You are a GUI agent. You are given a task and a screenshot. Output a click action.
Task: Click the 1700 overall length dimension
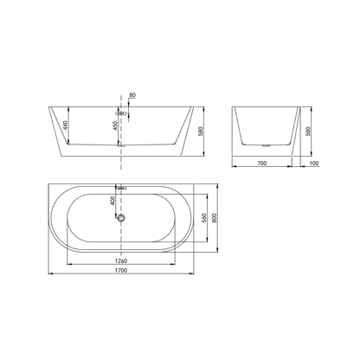(122, 270)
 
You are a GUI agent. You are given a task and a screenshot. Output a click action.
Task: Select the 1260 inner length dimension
(122, 261)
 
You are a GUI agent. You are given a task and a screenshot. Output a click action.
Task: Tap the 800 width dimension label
(214, 218)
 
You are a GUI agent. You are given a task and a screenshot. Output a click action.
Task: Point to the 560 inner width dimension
(204, 218)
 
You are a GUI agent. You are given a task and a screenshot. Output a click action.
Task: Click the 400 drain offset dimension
(112, 201)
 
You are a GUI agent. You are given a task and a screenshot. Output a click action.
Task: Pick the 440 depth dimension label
(65, 125)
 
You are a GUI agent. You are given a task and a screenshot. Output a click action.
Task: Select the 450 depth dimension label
(114, 126)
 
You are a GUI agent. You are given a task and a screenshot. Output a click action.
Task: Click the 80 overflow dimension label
(132, 95)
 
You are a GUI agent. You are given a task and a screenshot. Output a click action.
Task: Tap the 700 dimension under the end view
(261, 164)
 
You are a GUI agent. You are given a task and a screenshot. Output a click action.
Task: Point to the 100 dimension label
(314, 164)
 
